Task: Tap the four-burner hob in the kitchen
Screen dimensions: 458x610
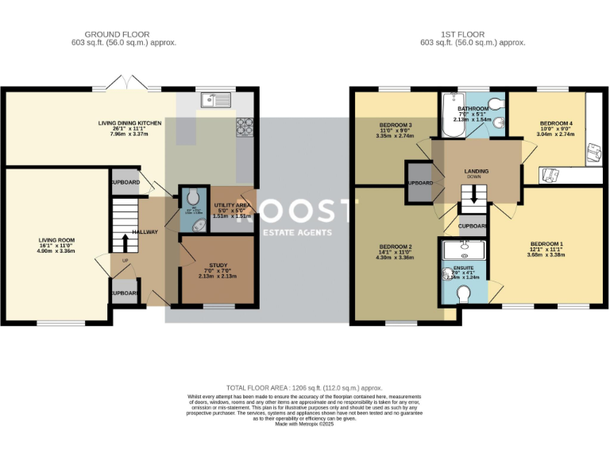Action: [245, 125]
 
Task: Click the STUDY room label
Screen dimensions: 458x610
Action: [218, 266]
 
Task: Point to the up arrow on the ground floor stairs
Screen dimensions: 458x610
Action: [125, 238]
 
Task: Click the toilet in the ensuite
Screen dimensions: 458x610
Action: [465, 294]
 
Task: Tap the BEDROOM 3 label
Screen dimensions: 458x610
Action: [395, 126]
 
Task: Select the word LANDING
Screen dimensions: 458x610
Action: [477, 171]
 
